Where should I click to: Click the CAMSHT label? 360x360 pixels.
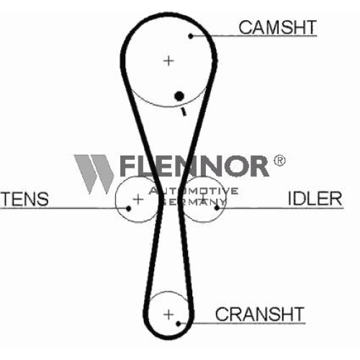pos(278,27)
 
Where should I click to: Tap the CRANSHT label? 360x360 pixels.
pos(260,314)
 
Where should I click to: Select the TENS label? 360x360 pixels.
pos(24,199)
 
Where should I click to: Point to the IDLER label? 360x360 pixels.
pos(315,198)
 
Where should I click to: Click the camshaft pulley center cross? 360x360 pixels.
pos(168,60)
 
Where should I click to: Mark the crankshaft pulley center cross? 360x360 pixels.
pos(168,315)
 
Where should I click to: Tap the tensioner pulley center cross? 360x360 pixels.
pos(138,199)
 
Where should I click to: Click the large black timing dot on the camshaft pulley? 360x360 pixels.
pos(179,96)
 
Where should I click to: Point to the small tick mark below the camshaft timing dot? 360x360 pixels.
pos(184,112)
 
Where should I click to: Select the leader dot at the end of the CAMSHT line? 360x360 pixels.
pos(191,36)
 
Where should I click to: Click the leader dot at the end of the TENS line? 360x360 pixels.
pos(128,208)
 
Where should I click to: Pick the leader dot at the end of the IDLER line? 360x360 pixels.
pos(217,207)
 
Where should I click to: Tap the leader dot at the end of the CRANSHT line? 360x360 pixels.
pos(179,324)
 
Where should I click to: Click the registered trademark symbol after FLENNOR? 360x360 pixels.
pos(279,161)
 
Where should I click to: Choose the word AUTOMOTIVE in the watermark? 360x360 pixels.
pos(194,191)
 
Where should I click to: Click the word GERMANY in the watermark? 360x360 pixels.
pos(194,202)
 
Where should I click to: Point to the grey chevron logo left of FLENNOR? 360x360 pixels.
pos(94,174)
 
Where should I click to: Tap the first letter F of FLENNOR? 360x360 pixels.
pos(128,166)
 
